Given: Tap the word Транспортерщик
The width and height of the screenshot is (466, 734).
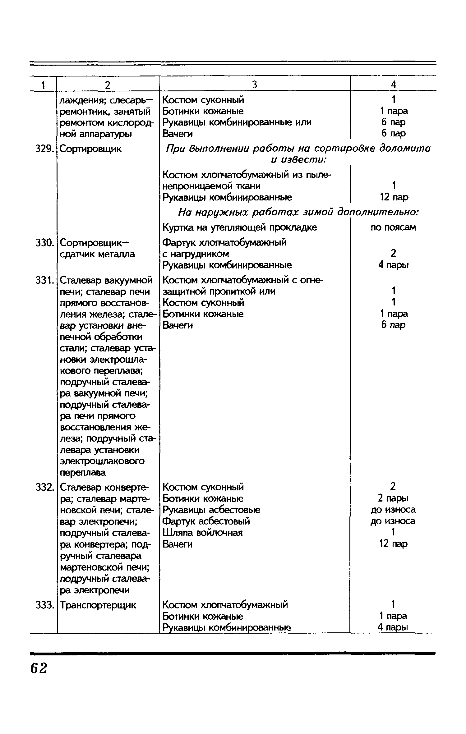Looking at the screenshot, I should pos(98,605).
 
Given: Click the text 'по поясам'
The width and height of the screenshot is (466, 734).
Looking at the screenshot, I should pos(393,227).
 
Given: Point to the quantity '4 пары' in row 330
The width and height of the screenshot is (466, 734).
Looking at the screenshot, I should pos(393,265).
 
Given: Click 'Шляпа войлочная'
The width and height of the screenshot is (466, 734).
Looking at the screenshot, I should pos(202,533).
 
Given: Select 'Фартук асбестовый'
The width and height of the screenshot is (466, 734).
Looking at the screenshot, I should pos(206,521).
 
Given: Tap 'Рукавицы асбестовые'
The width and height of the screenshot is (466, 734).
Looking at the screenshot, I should pos(211,510).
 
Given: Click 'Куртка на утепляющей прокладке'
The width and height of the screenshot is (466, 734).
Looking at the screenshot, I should pos(240,227).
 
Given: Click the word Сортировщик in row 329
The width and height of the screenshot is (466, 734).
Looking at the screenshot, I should pos(90,149).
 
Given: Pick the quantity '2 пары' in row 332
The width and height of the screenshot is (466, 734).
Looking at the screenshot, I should pos(393,498).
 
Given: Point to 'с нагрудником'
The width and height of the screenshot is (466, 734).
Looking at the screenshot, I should pos(196,254).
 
